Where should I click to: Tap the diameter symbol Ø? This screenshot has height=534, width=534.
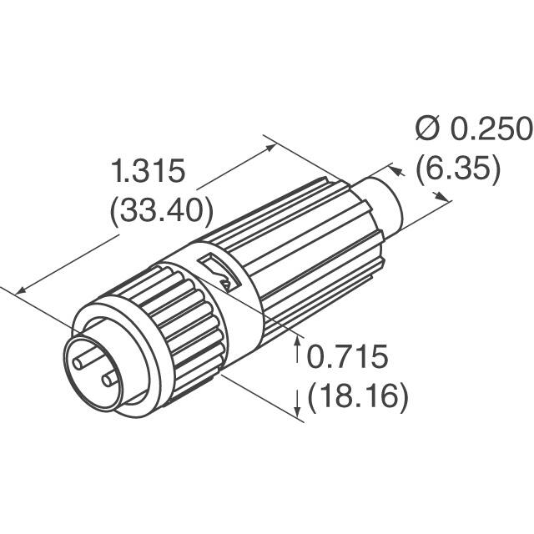point(428,129)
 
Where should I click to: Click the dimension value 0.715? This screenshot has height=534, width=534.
point(347,358)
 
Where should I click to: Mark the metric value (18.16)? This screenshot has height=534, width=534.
point(358,395)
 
